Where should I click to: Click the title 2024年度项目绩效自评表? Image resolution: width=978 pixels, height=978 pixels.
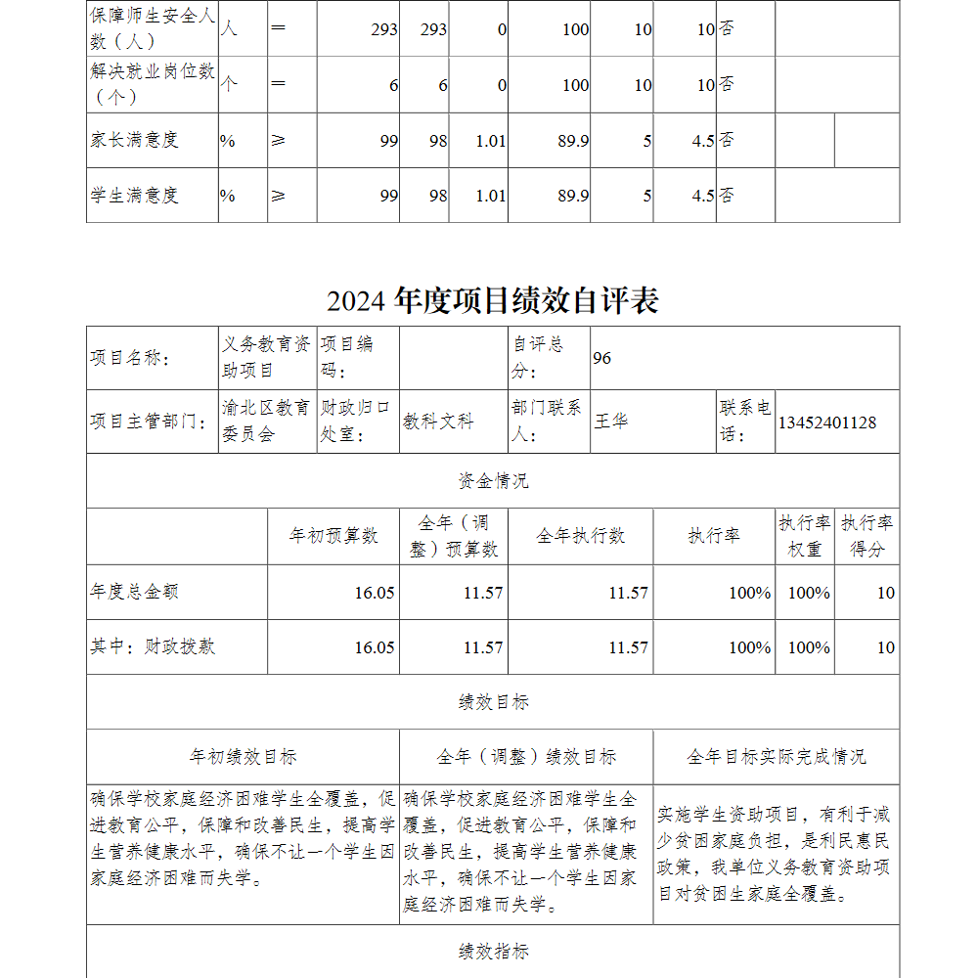click(492, 300)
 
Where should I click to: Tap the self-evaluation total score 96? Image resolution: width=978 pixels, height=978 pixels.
click(601, 358)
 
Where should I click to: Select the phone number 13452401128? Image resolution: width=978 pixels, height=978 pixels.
click(826, 422)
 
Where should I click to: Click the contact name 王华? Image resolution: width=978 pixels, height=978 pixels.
click(611, 422)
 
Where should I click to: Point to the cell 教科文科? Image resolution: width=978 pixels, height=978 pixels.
click(438, 422)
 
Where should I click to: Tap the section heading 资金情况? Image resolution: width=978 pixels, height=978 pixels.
click(493, 481)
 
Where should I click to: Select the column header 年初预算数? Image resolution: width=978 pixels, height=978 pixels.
click(333, 536)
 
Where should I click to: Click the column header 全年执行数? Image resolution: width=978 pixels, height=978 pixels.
click(580, 536)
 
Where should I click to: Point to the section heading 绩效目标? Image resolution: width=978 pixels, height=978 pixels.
click(493, 702)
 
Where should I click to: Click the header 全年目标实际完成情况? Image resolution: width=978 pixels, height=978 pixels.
click(776, 757)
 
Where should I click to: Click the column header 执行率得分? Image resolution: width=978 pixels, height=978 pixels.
click(867, 536)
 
